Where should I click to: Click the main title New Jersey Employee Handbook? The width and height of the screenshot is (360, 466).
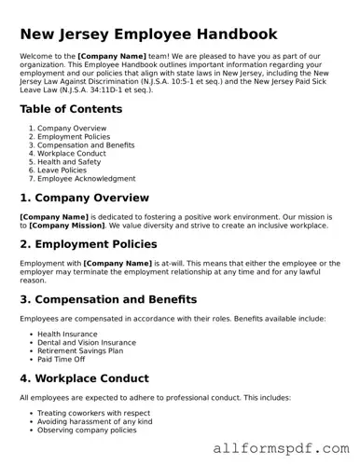[x=147, y=34]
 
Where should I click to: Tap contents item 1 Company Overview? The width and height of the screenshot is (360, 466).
[x=72, y=128]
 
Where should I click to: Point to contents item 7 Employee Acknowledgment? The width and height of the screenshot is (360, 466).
[x=86, y=178]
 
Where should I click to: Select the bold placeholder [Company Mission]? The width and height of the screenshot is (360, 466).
[x=68, y=226]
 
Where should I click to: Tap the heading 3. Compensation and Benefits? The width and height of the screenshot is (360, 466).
[x=107, y=299]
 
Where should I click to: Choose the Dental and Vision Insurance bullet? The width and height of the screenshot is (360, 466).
[x=87, y=342]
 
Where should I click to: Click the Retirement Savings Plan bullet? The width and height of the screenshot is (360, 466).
[x=82, y=350]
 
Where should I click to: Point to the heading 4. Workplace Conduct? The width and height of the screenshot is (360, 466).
[x=84, y=378]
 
